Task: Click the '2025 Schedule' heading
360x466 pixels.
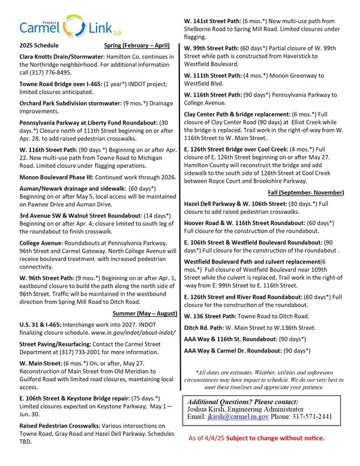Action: pos(39,47)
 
